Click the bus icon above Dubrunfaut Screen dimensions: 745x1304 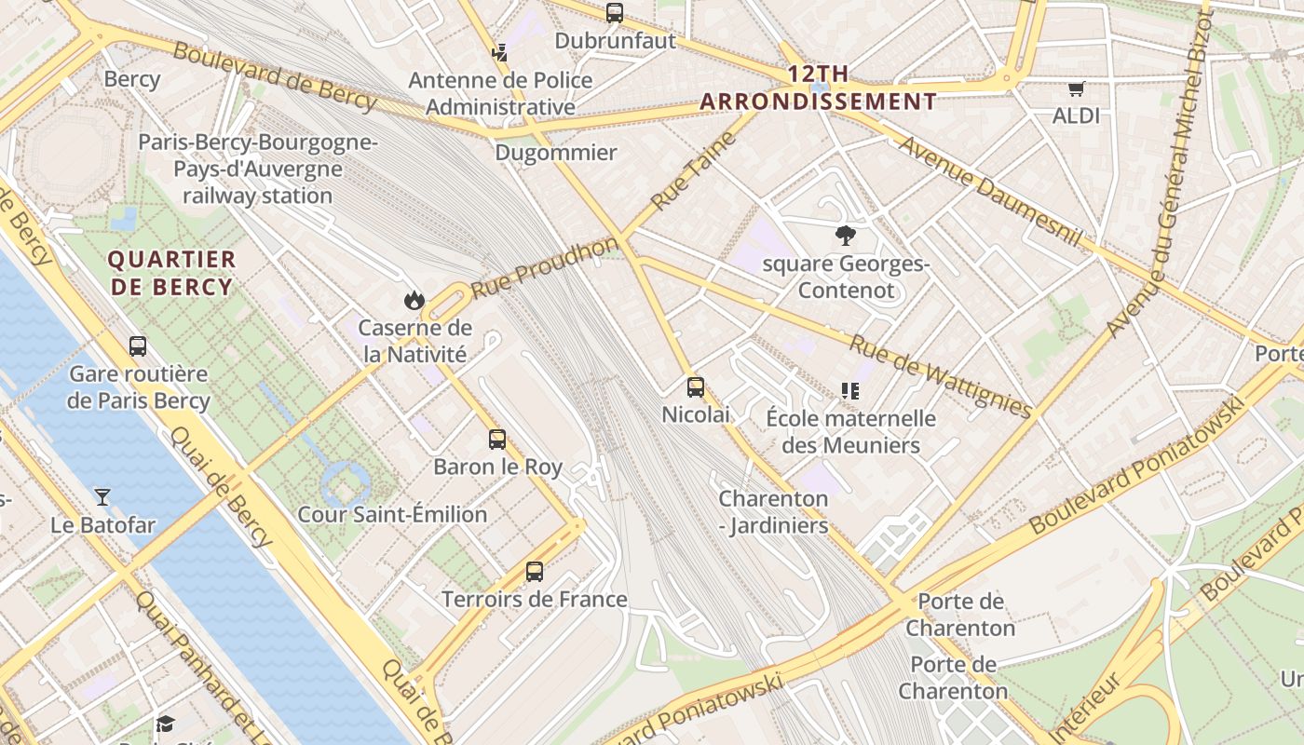(614, 13)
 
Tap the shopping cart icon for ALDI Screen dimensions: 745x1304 (1077, 89)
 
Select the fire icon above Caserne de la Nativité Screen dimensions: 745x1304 (414, 300)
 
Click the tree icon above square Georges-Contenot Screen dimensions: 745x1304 (846, 236)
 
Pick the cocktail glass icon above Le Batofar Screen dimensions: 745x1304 (102, 497)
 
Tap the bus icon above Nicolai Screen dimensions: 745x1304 (696, 387)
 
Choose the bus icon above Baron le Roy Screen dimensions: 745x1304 (497, 440)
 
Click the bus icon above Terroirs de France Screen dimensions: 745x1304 (534, 572)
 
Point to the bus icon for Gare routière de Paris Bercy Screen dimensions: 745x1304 (138, 346)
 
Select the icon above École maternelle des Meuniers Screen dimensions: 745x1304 (849, 391)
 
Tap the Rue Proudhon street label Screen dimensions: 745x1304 (545, 267)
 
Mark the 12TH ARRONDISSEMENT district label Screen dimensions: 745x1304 (819, 88)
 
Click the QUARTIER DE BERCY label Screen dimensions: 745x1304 (172, 273)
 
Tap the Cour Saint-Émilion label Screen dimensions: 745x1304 (392, 514)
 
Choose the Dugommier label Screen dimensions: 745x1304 (556, 153)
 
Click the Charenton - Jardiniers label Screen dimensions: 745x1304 (773, 512)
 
